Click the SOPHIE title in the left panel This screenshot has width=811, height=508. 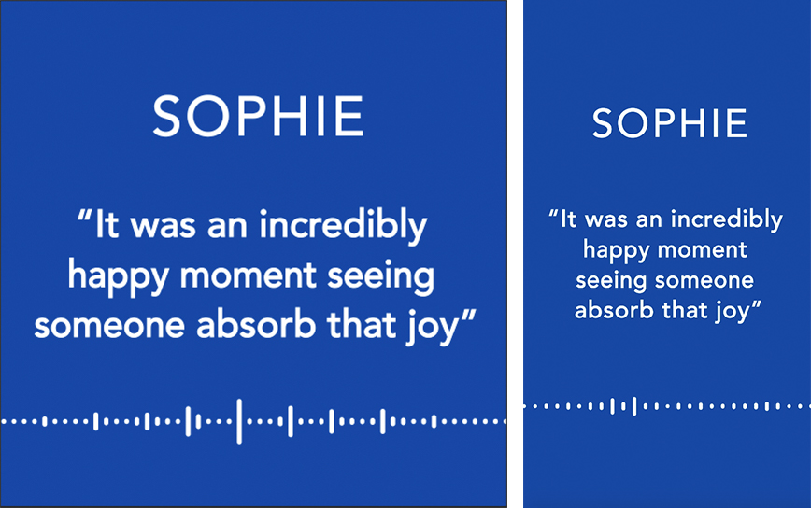coord(258,117)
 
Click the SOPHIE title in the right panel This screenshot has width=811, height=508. coord(670,123)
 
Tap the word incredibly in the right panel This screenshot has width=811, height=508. coord(727,219)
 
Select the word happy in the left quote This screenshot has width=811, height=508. coord(119,277)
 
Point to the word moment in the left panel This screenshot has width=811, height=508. coord(248,275)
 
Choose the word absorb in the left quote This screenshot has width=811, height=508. coord(256,324)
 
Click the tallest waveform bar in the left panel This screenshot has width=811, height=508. coord(239,421)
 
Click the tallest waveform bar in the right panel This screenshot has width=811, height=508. coord(634,406)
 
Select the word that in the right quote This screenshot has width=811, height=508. coord(684,310)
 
